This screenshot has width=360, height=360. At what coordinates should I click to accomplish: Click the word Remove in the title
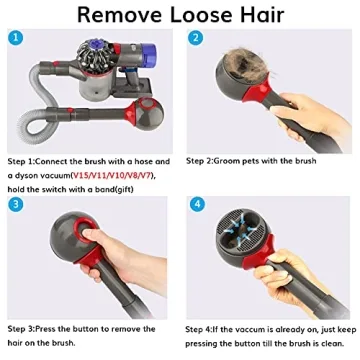tap(120, 16)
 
